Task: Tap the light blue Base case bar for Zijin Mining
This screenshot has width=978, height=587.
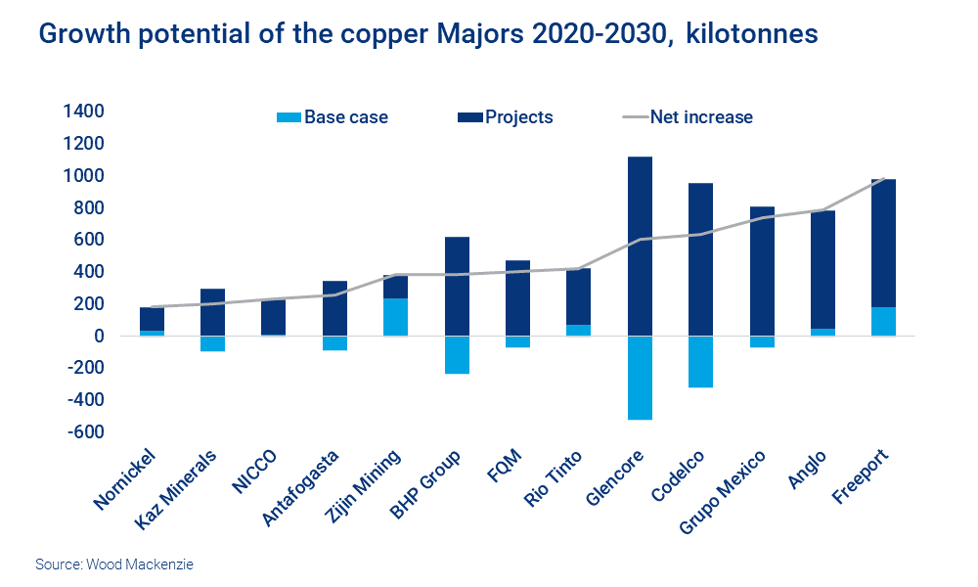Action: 395,317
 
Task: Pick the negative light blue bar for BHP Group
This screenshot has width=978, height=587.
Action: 457,354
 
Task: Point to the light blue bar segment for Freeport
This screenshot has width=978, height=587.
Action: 883,322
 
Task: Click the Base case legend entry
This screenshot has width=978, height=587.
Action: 333,117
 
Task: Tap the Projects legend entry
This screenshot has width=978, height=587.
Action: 506,117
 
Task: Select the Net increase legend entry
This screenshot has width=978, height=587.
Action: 689,117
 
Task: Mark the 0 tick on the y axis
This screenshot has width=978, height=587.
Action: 99,337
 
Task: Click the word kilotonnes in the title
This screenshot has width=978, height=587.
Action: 752,34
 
